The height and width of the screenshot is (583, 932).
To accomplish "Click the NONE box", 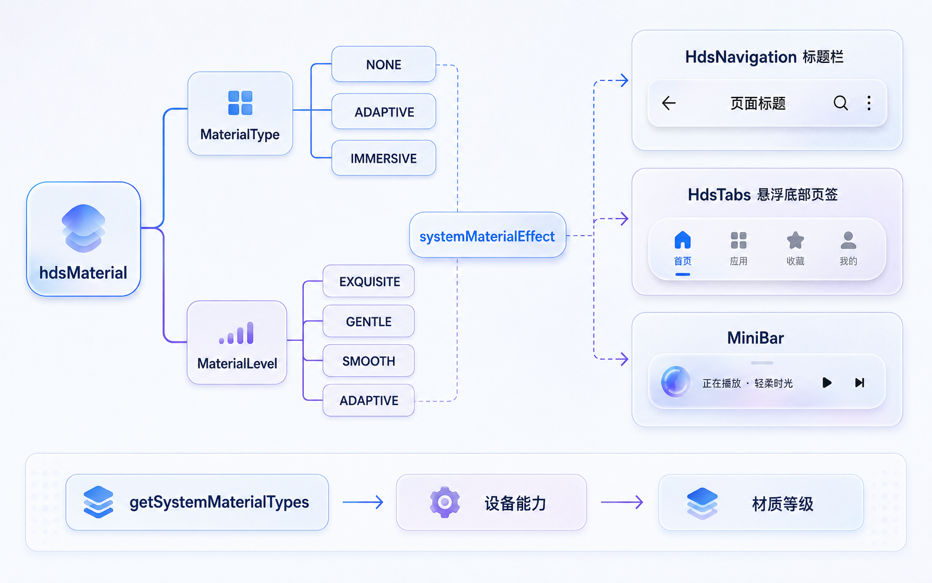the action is point(384,64).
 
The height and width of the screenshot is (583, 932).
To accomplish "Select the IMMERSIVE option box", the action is point(384,158).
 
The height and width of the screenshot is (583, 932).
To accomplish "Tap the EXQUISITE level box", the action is point(368,282).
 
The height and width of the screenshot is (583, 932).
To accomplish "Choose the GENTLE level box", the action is point(368,321).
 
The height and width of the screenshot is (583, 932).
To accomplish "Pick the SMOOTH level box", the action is point(368,361).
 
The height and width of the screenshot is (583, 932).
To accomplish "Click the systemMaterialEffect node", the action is point(487,235).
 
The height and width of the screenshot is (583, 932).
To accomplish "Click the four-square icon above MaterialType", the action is point(240,102).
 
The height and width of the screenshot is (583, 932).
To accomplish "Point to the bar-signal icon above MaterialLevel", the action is point(236,333).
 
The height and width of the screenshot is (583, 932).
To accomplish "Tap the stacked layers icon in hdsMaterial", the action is point(83,228).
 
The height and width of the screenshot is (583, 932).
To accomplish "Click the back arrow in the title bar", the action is point(669,103).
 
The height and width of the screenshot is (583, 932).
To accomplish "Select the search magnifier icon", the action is point(840,103).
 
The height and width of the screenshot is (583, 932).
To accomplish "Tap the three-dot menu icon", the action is point(869,103).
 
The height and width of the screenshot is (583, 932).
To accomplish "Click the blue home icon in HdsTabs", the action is point(683,240).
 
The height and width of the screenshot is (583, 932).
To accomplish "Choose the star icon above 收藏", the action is point(795,240).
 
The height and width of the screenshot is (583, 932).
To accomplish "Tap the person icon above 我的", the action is point(849,240).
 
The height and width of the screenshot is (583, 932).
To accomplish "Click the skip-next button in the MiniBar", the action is point(860,383).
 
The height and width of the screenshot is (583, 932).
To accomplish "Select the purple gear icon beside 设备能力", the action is point(445,502).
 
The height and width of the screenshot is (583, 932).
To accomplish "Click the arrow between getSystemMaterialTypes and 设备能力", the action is point(363,502).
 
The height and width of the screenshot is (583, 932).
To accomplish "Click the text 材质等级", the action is point(783,504).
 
